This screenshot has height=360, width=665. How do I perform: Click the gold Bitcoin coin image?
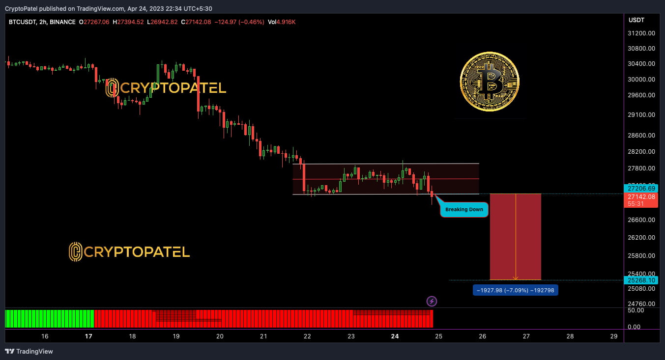click(x=490, y=82)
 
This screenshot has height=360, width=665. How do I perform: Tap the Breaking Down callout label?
click(x=464, y=210)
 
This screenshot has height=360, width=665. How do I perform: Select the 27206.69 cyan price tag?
click(x=641, y=188)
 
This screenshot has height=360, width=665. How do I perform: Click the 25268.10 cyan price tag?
click(x=641, y=280)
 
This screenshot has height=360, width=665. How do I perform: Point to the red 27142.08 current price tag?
click(x=641, y=200)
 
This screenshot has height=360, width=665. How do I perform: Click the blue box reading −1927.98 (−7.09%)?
click(x=516, y=290)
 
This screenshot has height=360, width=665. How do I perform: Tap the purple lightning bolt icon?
click(x=432, y=301)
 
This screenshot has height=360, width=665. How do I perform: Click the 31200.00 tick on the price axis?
click(x=641, y=33)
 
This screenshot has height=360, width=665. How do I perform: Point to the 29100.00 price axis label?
click(x=641, y=115)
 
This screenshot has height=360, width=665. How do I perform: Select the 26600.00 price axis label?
click(x=641, y=220)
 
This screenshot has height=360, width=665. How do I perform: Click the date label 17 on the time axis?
click(x=88, y=336)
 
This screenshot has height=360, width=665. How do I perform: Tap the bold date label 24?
click(x=395, y=336)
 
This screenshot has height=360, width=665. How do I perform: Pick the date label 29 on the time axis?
click(x=614, y=336)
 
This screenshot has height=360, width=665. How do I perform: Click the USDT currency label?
click(x=636, y=20)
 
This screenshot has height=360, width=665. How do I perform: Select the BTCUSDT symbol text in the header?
click(x=22, y=22)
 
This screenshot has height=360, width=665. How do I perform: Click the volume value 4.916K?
click(x=286, y=22)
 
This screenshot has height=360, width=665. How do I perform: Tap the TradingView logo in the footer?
click(x=29, y=351)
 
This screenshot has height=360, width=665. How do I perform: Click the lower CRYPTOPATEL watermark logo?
click(x=129, y=252)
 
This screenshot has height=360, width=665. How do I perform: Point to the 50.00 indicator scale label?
click(x=636, y=310)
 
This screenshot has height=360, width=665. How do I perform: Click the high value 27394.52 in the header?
click(x=130, y=22)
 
